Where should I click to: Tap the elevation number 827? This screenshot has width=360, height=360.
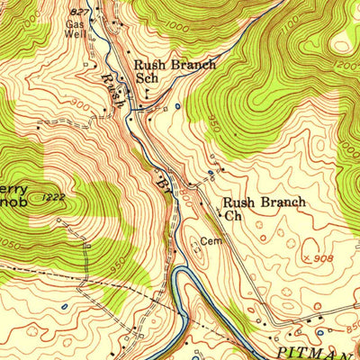click(78, 9)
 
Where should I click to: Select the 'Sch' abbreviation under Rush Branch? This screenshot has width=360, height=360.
click(146, 78)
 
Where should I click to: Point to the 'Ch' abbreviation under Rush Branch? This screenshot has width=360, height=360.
click(233, 216)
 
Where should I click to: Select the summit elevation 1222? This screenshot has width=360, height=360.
click(52, 196)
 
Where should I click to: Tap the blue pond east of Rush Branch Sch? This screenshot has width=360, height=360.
click(177, 107)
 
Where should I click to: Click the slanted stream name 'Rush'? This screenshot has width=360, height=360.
click(114, 90)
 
